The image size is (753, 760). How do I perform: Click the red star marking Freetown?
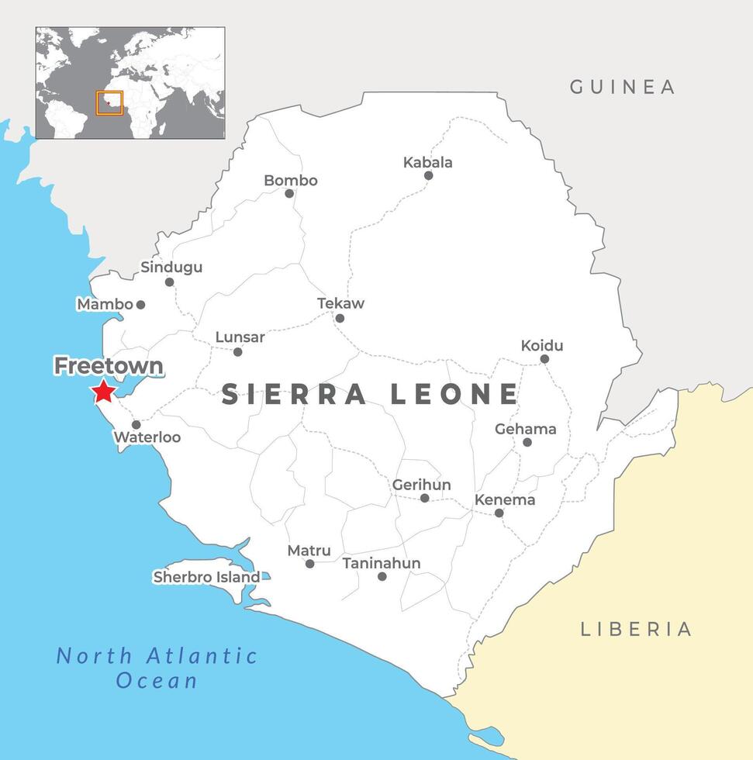pos(104,392)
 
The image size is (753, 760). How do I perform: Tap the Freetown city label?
pos(108,365)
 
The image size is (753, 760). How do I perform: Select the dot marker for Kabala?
pos(428,175)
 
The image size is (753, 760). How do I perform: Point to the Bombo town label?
pos(291,181)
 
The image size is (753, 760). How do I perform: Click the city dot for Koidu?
pos(544,359)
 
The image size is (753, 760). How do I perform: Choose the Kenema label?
pos(505,499)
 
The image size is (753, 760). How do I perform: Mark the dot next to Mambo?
pos(140,305)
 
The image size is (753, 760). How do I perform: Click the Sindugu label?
pos(171,267)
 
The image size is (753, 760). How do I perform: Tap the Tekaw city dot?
pos(340,318)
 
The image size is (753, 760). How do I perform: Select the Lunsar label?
pos(240,337)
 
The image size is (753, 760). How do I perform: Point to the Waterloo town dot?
pos(136,424)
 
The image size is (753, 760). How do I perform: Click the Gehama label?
pos(526,429)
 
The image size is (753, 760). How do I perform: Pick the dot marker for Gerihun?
pos(424,498)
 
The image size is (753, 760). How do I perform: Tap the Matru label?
pos(309,551)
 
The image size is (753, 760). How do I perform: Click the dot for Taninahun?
pos(382,576)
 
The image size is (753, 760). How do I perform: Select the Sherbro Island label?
pos(206,577)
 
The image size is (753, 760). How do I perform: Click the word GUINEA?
pos(623,87)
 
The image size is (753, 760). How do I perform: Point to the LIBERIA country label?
pos(636,629)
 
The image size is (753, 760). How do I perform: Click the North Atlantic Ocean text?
pos(157,668)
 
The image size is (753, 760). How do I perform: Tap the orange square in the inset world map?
pos(109,103)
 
